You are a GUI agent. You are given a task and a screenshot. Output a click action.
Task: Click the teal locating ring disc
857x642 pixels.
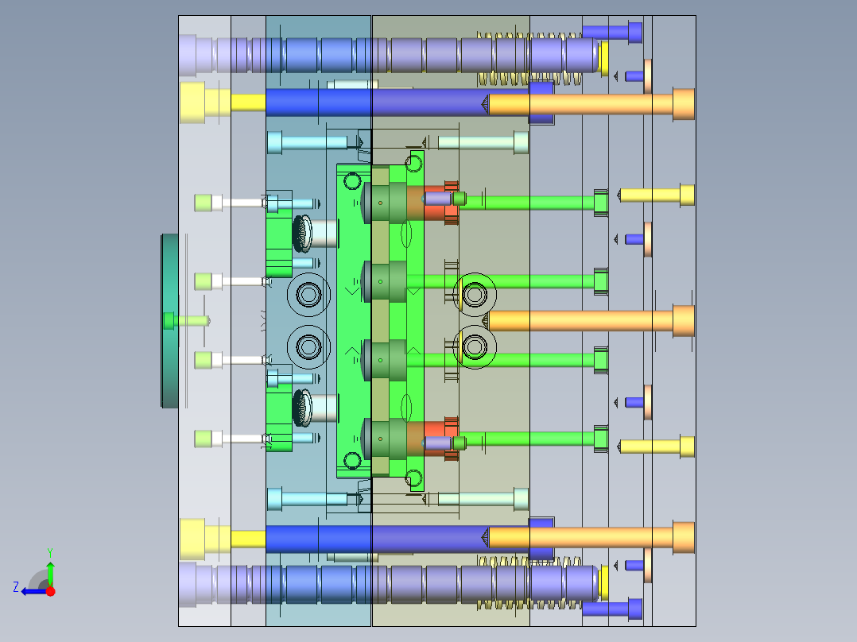[169, 321]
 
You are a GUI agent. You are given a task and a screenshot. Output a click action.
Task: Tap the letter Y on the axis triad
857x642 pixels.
[50, 552]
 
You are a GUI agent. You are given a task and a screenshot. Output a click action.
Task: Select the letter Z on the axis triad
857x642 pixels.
[16, 587]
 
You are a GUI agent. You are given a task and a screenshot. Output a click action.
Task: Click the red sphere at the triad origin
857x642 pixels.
[50, 591]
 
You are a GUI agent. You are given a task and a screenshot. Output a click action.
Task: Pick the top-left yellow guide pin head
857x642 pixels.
[192, 102]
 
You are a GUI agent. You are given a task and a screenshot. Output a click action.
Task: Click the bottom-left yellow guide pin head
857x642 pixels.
[192, 540]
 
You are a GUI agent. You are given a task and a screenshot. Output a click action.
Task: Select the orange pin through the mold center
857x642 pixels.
[590, 321]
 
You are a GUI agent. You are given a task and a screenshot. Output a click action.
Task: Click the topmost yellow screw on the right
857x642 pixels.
[657, 195]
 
